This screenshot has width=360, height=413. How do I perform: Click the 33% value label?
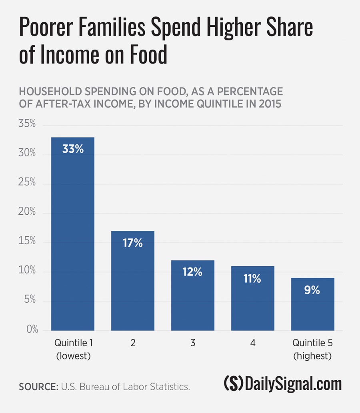pyautogui.click(x=73, y=149)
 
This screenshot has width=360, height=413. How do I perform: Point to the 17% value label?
pyautogui.click(x=132, y=243)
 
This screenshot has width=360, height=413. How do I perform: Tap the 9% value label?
pyautogui.click(x=312, y=290)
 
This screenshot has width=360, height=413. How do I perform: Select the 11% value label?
pyautogui.click(x=252, y=278)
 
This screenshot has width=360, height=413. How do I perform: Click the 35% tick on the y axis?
pyautogui.click(x=27, y=124)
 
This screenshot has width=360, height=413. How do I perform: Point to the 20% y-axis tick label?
pyautogui.click(x=27, y=212)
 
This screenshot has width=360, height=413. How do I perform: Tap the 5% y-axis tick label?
pyautogui.click(x=30, y=301)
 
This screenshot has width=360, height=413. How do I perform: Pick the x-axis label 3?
pyautogui.click(x=192, y=343)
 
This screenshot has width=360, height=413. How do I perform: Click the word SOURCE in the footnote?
pyautogui.click(x=38, y=387)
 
